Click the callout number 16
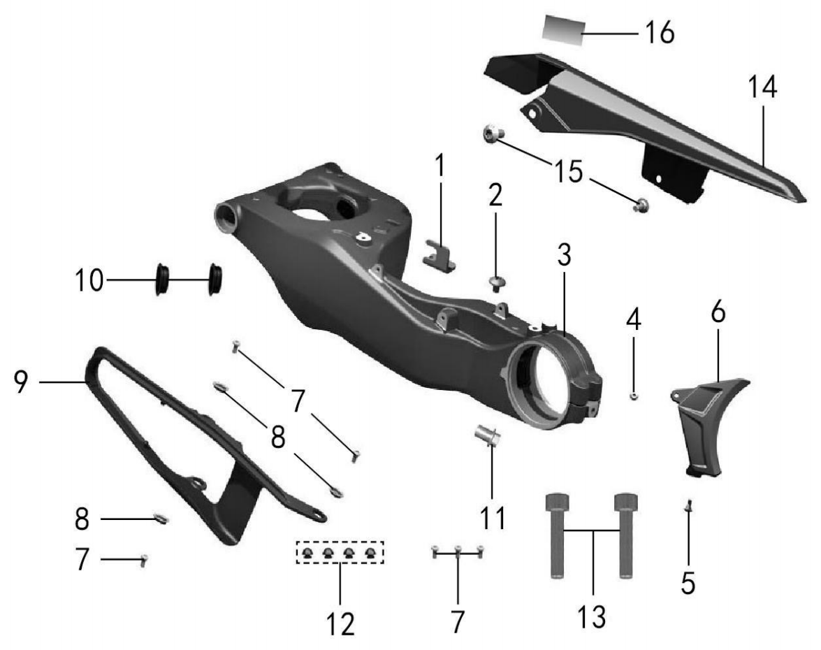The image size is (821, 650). click(659, 33)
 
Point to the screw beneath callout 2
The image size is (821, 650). click(495, 283)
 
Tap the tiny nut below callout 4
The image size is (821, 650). click(634, 396)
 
